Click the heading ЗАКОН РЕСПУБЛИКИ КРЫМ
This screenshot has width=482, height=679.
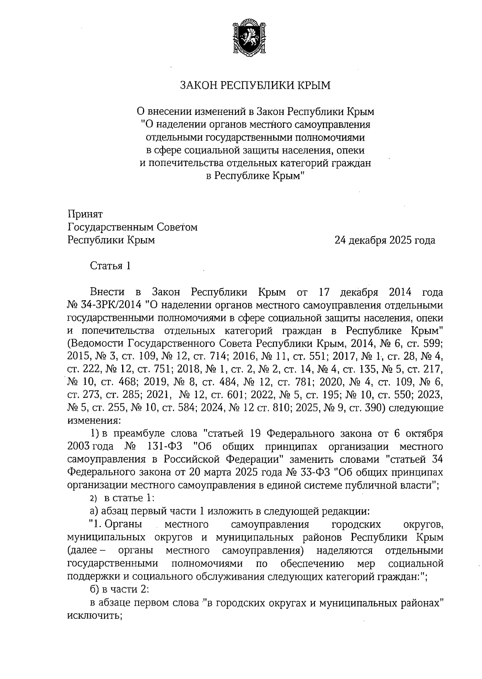point(255,86)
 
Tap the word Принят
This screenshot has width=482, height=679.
point(86,214)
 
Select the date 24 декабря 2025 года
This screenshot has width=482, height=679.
point(385,241)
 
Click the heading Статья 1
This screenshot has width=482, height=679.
point(110,266)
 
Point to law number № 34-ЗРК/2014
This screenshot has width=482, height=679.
point(106,305)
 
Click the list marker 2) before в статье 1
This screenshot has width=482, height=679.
point(94,499)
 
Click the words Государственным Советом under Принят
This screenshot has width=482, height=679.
point(133,227)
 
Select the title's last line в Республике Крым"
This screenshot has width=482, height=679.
point(255,176)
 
